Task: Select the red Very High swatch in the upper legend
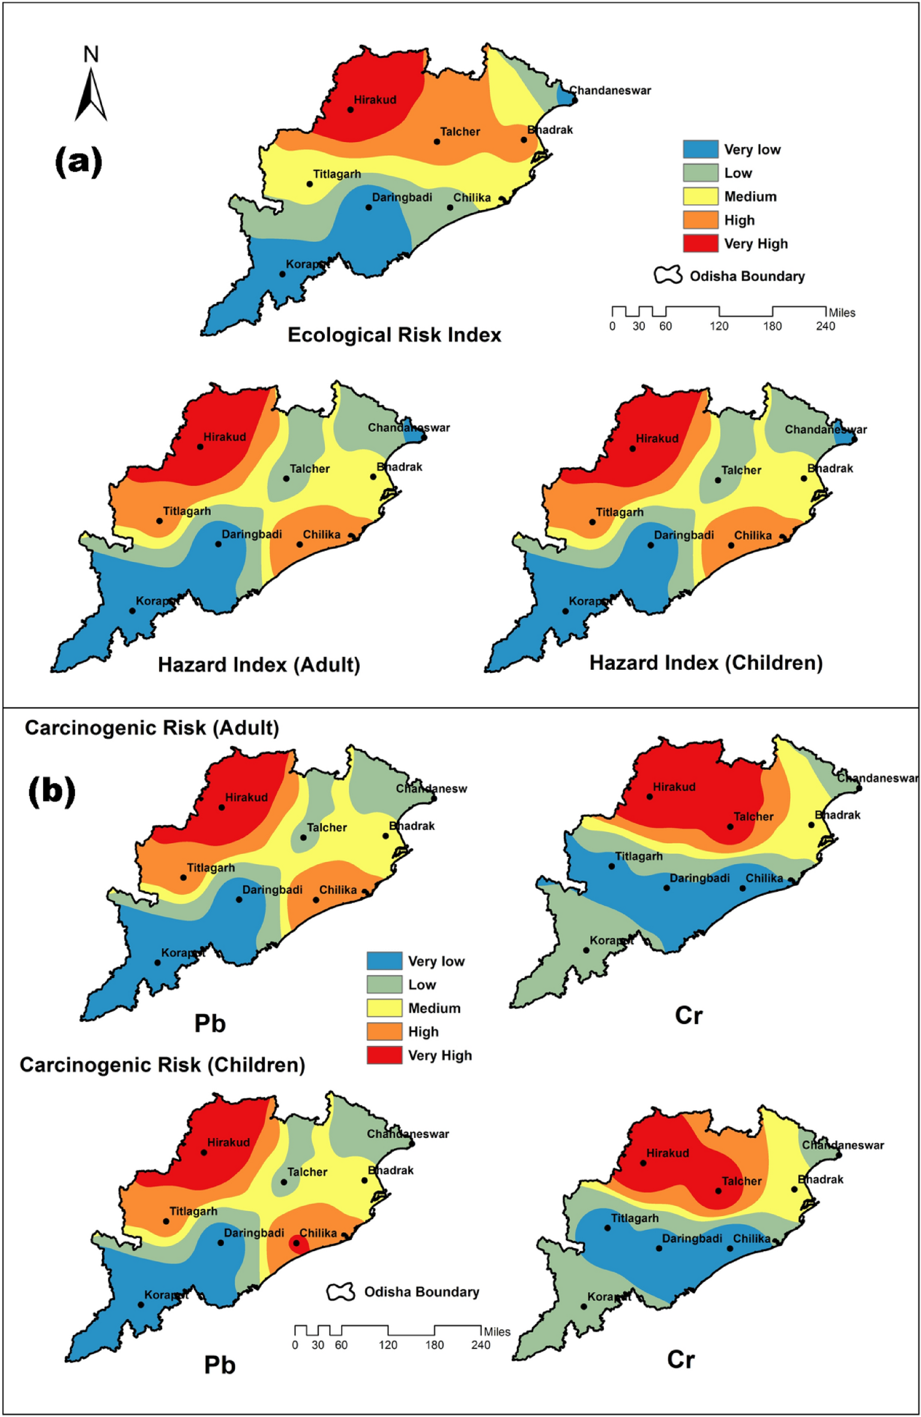[700, 243]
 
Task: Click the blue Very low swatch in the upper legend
[700, 149]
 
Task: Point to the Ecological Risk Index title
[394, 334]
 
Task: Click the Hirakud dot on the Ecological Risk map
[351, 109]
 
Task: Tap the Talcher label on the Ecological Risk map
[460, 131]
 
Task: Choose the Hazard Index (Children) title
[705, 663]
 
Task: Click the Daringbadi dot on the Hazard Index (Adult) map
[219, 544]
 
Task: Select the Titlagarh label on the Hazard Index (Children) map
[619, 512]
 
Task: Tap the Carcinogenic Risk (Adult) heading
[152, 727]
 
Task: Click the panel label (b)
[52, 791]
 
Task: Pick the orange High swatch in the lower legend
[384, 1031]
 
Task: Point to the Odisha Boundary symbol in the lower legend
[340, 1292]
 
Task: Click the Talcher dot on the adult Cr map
[730, 826]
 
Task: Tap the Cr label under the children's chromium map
[680, 1359]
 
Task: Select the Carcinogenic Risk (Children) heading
[162, 1065]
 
